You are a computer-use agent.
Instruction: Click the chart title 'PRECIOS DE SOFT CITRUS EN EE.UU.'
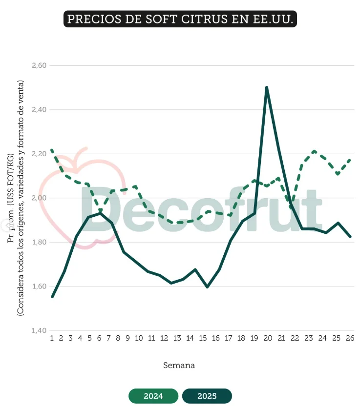(x=180, y=19)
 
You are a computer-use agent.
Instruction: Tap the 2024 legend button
(x=153, y=396)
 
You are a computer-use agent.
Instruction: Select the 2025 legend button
(x=207, y=396)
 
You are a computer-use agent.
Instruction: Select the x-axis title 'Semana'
(x=179, y=365)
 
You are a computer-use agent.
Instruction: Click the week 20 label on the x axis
(x=267, y=338)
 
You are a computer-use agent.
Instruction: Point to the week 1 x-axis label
(x=51, y=338)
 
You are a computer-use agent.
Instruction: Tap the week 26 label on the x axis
(x=350, y=338)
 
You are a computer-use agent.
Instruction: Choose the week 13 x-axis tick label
(x=177, y=338)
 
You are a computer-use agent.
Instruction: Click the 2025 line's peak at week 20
(x=266, y=88)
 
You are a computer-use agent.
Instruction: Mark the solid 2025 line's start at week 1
(x=52, y=297)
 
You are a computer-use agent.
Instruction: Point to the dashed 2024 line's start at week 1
(x=52, y=150)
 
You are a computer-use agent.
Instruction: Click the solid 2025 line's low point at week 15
(x=207, y=287)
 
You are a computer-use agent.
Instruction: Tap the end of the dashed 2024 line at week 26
(x=350, y=159)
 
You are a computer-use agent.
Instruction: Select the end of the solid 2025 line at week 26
(x=350, y=237)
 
